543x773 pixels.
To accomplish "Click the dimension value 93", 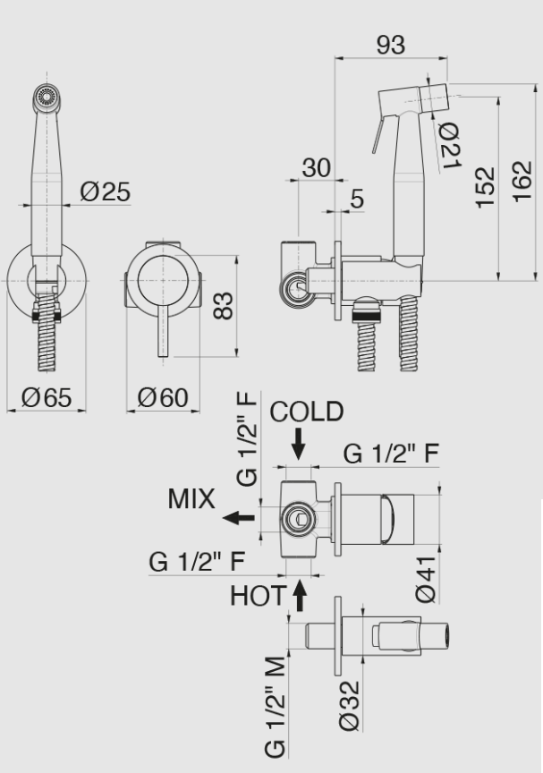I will pos(390,45).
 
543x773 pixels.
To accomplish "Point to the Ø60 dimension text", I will pos(163,398).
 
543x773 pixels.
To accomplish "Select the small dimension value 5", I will pos(357,199).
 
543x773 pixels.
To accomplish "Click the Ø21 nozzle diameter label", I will pos(449,142).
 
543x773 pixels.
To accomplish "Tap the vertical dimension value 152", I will pos(485,187).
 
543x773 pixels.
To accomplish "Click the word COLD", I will pos(307,412).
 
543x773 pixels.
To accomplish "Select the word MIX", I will pos(191,500).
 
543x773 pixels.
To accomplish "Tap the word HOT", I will pos(258,595).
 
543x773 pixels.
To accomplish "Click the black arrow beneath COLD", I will pos(298,441).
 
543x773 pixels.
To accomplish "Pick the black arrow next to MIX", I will pos(237,517).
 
